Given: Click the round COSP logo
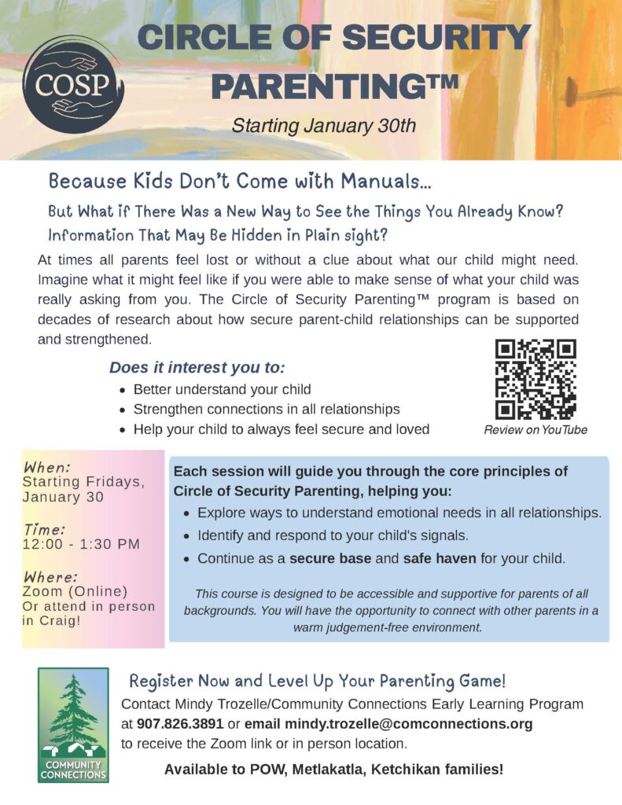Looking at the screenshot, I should click(72, 83).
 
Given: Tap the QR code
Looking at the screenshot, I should click(535, 379).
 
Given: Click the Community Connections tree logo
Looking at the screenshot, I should click(73, 725).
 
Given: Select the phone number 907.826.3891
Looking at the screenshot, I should click(179, 723).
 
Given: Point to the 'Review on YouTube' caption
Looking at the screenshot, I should click(536, 430).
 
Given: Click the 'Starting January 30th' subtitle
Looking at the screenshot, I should click(322, 126).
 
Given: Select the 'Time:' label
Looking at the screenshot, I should click(44, 528).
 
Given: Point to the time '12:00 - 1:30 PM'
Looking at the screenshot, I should click(81, 544).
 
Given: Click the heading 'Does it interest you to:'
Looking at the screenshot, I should click(197, 368).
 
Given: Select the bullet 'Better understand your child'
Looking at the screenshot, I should click(222, 389).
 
